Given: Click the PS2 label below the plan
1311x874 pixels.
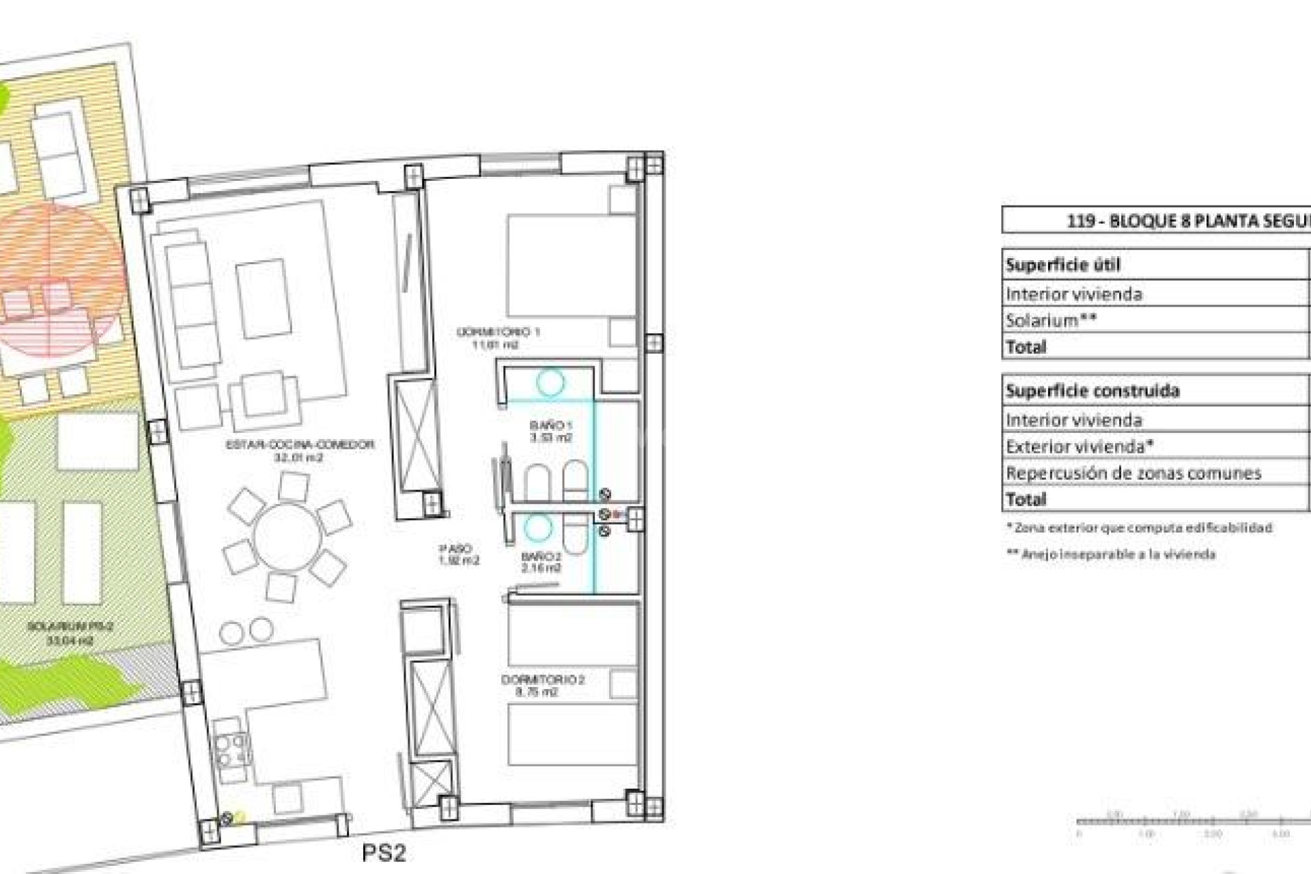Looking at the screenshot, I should click(x=384, y=853).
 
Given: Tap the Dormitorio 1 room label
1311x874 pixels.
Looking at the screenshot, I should click(x=498, y=338).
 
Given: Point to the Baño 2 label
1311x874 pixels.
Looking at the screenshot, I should click(x=541, y=561).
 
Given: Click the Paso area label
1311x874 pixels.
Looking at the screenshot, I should click(x=457, y=554).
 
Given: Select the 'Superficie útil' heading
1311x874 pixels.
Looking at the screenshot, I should click(x=1062, y=265).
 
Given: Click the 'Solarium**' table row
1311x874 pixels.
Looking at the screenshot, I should click(x=1051, y=320).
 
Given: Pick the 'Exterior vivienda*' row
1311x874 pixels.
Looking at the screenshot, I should click(x=1080, y=447).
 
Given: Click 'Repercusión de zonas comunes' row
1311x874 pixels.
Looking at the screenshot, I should click(x=1133, y=473).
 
